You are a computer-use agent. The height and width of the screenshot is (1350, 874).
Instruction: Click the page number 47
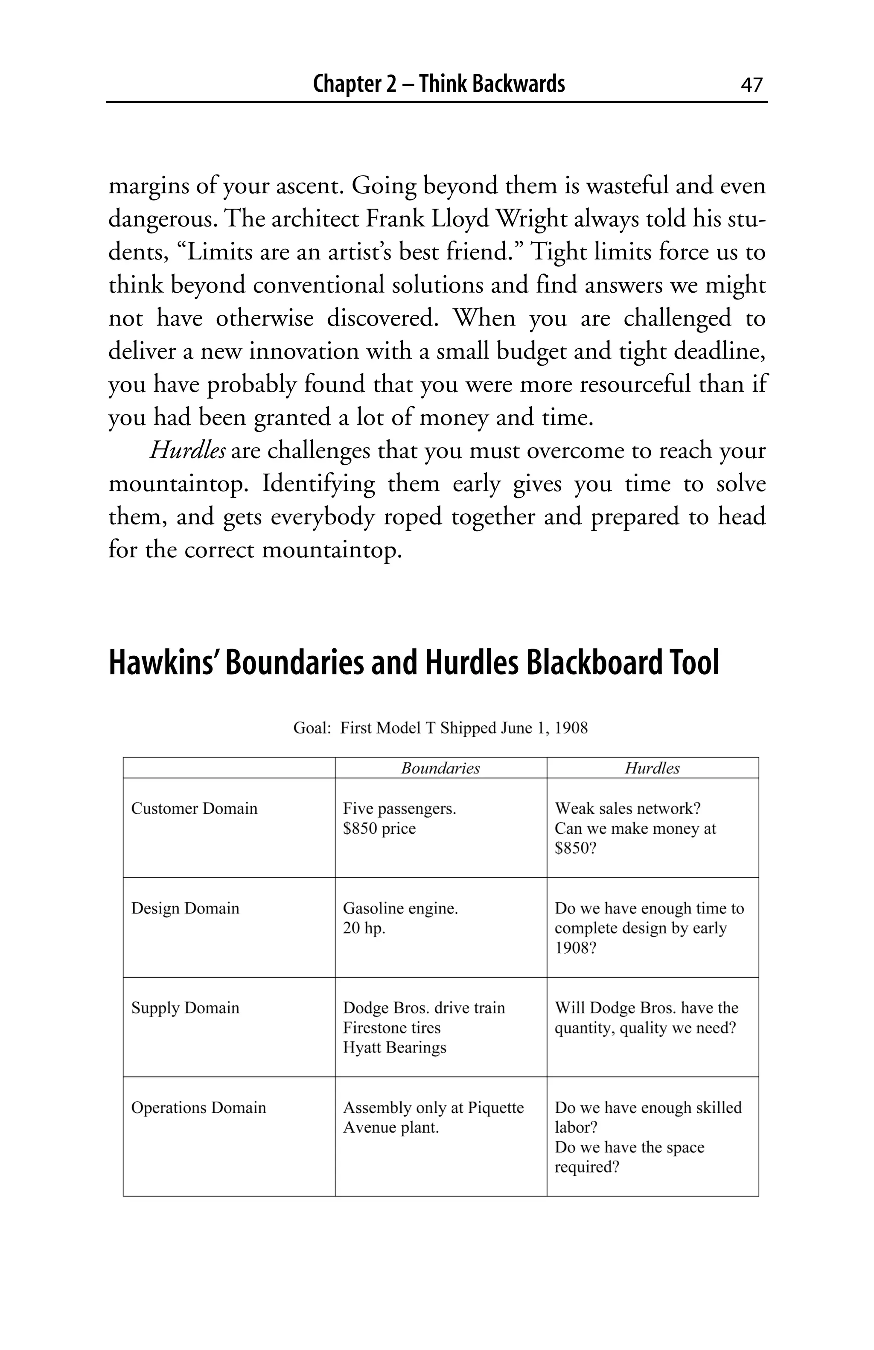752,85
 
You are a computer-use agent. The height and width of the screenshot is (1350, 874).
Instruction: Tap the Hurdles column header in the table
652,768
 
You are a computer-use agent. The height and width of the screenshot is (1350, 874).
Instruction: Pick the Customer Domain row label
194,808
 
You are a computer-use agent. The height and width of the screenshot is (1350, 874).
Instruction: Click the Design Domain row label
185,908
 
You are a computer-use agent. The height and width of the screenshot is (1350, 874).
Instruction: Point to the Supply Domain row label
185,1007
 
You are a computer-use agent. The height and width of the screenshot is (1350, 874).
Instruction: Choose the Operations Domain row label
198,1107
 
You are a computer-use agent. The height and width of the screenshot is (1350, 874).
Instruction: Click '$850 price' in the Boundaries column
379,828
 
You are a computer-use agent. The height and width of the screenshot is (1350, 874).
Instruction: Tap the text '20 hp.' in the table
364,928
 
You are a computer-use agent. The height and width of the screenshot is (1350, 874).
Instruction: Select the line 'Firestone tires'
391,1027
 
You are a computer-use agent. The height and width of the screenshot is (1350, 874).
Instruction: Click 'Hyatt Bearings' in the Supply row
394,1047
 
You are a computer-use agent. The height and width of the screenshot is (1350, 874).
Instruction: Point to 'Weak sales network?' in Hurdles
627,808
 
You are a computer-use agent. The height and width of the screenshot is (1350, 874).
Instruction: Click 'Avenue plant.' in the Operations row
391,1127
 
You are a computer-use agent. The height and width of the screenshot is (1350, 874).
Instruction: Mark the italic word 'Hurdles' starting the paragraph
188,451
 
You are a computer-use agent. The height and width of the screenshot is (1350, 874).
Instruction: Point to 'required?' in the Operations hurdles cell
586,1167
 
